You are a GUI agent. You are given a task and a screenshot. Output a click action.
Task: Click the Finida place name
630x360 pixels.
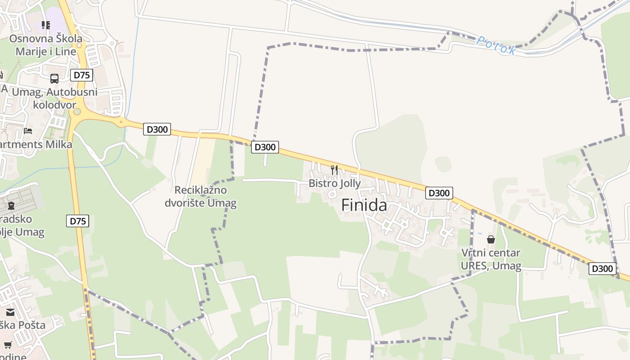click(364, 205)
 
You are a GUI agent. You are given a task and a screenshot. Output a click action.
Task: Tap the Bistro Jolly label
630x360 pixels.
click(334, 184)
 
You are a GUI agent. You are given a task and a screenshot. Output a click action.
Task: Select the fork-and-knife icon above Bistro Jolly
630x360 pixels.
click(334, 170)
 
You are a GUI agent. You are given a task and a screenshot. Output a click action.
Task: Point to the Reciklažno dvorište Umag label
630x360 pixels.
click(200, 197)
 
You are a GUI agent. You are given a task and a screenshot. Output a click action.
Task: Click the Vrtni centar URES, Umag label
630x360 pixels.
click(491, 260)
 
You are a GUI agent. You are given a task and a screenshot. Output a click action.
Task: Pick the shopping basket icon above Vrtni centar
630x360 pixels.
click(491, 239)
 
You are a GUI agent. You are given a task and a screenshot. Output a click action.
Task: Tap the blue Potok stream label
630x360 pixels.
click(496, 45)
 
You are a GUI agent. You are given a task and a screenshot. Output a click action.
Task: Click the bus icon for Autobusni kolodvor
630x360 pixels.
click(54, 79)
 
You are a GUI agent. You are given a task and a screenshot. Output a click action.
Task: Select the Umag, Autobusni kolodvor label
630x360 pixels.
click(54, 99)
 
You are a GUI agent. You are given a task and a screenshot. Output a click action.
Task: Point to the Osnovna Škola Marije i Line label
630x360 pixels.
click(45, 45)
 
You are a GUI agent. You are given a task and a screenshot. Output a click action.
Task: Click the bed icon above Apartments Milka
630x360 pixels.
click(28, 131)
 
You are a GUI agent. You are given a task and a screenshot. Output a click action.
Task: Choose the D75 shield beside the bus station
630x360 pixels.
click(81, 75)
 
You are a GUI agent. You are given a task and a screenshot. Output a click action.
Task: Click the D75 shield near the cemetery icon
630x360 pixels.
click(78, 221)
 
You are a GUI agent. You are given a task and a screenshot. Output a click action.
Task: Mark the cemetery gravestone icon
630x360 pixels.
click(11, 206)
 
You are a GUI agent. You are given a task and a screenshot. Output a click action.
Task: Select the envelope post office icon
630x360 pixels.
click(10, 312)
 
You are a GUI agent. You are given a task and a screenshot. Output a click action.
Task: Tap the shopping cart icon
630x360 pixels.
click(8, 345)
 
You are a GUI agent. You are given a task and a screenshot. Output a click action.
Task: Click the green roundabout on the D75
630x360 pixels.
click(77, 111)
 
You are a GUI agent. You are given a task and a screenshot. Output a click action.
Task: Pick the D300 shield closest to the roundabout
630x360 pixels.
click(157, 130)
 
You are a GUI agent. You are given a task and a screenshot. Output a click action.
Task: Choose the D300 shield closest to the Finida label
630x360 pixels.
click(439, 193)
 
